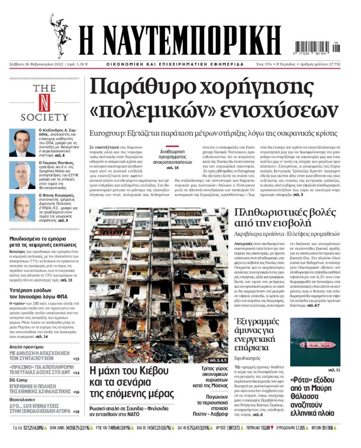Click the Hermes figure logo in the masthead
point(60,35)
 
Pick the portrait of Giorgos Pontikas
point(22,174)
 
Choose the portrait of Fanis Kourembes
point(22,207)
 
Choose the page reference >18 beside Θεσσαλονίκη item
point(76,412)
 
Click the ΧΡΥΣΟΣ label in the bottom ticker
point(221,428)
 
